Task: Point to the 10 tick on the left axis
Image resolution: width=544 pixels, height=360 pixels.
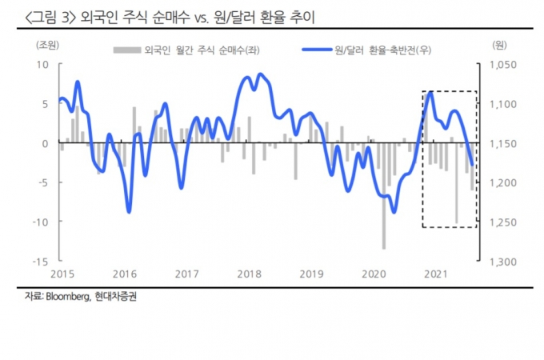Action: pyautogui.click(x=46, y=65)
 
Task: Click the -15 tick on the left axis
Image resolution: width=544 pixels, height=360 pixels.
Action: pyautogui.click(x=43, y=261)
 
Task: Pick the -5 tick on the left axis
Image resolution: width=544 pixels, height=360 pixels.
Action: pyautogui.click(x=46, y=182)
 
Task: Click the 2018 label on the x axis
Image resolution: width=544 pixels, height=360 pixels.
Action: pyautogui.click(x=249, y=274)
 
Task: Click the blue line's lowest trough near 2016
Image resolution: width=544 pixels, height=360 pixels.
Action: pyautogui.click(x=129, y=211)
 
